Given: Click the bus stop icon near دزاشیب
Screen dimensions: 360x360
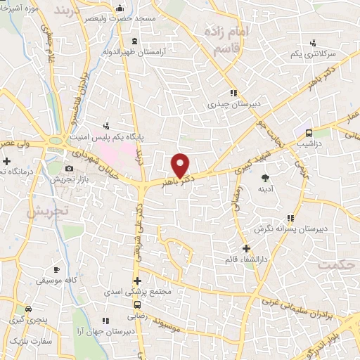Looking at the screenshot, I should click(309, 133).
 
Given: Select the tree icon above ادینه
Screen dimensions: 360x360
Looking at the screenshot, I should click(265, 178).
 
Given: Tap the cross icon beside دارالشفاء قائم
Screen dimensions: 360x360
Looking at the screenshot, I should click(246, 248).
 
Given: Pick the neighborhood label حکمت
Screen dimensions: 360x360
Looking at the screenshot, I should click(334, 265).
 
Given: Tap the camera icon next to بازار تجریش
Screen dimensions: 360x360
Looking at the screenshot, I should click(69, 168).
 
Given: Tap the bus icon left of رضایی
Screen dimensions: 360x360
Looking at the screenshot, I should click(138, 304).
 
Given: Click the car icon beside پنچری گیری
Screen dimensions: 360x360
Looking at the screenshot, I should click(28, 309).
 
